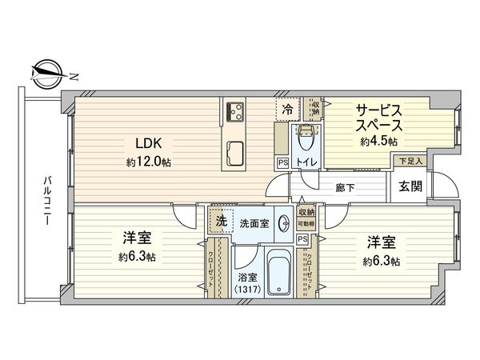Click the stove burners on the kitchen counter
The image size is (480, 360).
[x=235, y=111]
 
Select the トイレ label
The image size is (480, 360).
[x=306, y=162]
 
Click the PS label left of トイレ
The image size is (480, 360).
[x=282, y=162]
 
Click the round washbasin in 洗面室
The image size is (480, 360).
[x=285, y=225]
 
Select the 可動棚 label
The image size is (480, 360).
[x=306, y=224]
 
